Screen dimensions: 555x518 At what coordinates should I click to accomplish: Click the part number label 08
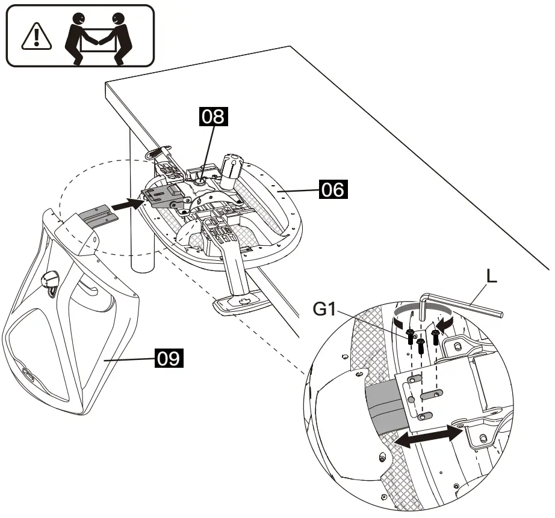(213, 117)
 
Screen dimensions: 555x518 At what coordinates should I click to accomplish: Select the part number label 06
(333, 189)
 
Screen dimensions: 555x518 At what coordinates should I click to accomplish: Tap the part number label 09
(169, 358)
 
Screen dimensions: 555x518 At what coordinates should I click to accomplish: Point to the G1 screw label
(324, 309)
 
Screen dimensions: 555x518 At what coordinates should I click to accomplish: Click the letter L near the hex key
(492, 276)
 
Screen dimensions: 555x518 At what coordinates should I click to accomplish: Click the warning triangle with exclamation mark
(37, 37)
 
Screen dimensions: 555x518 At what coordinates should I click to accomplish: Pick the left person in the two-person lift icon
(79, 38)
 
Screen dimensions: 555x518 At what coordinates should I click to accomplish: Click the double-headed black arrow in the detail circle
(428, 436)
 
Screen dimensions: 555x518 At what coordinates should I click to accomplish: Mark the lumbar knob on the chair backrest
(51, 280)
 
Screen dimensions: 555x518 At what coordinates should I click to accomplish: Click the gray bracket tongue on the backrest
(98, 215)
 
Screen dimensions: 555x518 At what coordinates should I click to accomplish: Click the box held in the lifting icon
(98, 40)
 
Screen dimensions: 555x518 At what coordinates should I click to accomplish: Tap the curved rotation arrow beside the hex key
(424, 311)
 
